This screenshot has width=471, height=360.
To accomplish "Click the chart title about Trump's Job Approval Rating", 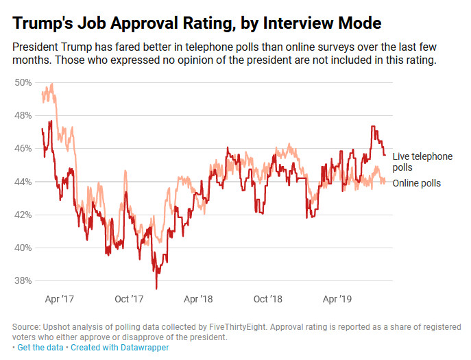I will click(x=197, y=23).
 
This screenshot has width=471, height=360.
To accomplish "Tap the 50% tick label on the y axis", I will click(x=24, y=82).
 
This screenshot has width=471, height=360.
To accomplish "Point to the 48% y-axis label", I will click(x=24, y=115).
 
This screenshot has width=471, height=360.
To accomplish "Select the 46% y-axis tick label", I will click(x=24, y=148).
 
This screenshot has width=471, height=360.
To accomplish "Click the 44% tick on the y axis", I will click(x=24, y=182).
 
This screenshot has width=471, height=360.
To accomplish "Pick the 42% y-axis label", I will click(x=24, y=215).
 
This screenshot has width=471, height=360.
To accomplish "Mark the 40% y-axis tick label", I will click(x=24, y=248).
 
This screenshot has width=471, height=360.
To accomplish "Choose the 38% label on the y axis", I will click(x=24, y=280).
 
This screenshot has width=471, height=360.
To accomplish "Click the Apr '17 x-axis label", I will click(x=59, y=300).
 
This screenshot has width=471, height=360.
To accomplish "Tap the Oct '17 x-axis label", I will click(x=128, y=300).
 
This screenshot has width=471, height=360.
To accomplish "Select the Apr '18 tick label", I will click(x=198, y=300).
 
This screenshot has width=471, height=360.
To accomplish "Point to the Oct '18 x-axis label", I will click(x=268, y=300).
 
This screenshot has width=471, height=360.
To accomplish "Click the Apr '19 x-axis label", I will click(x=338, y=300).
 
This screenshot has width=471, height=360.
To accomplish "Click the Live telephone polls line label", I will click(x=422, y=162).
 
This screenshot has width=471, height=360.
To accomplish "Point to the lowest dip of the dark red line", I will click(x=156, y=288).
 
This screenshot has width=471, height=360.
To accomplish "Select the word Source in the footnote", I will click(x=27, y=327).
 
